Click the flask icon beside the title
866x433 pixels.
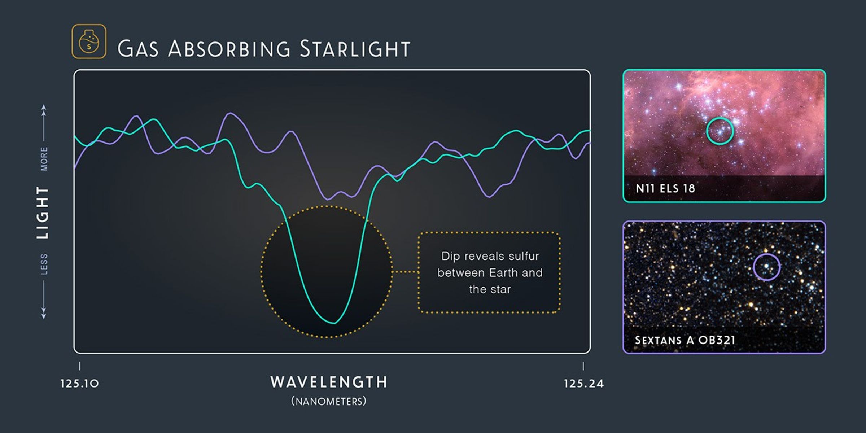tap(89, 41)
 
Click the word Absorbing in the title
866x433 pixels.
tap(229, 49)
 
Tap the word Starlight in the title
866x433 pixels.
tap(355, 49)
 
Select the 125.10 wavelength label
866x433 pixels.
tap(79, 383)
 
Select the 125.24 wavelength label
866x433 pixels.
tap(583, 383)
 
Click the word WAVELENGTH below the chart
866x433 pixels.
tap(329, 382)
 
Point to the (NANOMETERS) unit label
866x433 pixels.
tap(329, 401)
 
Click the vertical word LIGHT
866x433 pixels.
tap(43, 213)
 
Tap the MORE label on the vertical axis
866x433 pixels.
tap(44, 159)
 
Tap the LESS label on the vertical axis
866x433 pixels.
tap(44, 264)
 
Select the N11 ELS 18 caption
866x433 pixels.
tap(665, 188)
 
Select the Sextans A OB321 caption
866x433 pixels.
tap(685, 340)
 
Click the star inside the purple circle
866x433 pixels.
tap(767, 266)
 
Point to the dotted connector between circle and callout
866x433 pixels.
tap(405, 272)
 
